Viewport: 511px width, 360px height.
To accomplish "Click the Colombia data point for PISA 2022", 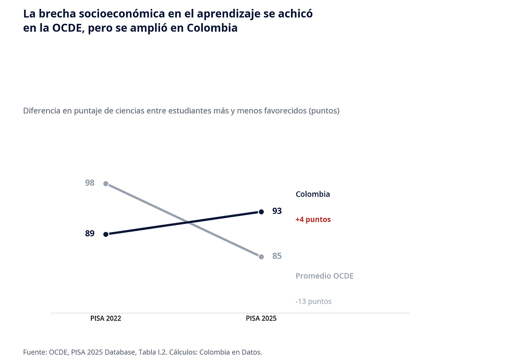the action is pos(105,234).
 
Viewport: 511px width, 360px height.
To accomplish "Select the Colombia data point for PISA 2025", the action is pos(261,212).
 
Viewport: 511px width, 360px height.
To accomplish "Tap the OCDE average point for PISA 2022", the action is pos(105,184).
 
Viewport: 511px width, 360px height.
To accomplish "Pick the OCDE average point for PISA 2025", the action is pos(261,257).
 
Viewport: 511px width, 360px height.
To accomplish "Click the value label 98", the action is pos(90,183).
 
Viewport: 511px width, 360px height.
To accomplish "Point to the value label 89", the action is pos(90,234).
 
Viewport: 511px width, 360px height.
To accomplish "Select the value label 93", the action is pos(277,211).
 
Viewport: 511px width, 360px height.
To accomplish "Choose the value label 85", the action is pos(277,256).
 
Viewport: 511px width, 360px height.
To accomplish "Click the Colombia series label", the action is pos(313,194).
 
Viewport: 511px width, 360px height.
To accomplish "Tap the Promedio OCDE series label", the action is pos(324,276).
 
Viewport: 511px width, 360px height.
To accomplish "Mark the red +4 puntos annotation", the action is pos(313,220).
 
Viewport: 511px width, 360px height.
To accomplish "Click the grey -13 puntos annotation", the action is pos(313,302).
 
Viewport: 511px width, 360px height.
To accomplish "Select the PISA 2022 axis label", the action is pos(105,318).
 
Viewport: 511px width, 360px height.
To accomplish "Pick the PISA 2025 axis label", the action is pos(261,318).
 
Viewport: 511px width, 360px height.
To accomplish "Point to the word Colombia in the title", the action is pos(212,28).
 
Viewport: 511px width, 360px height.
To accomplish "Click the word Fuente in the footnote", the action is pos(35,352).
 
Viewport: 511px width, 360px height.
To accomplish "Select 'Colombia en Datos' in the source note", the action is pos(230,352).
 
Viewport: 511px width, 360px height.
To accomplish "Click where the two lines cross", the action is pos(188,223).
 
